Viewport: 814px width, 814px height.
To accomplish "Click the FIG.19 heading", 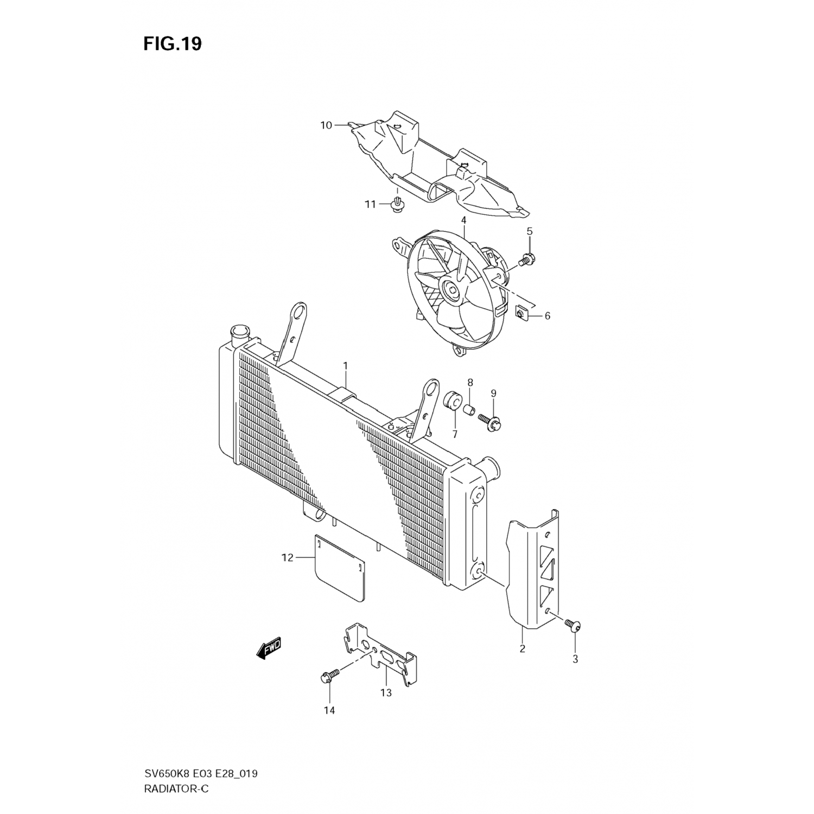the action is (x=173, y=44).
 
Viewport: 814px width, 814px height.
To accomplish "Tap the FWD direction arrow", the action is (x=269, y=648).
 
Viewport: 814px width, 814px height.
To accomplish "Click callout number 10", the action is (x=326, y=125).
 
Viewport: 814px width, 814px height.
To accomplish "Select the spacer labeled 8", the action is (x=469, y=408).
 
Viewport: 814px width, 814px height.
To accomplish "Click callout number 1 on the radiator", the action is (x=345, y=366).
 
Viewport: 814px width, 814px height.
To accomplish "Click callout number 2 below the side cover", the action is (x=522, y=648).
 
